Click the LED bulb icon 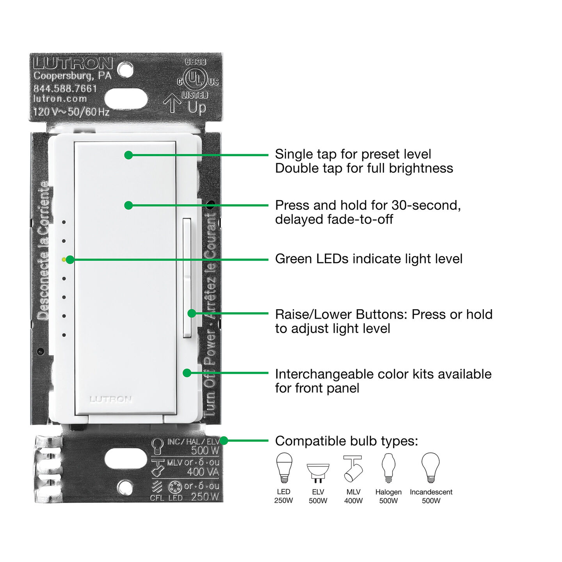click(x=284, y=468)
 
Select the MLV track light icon click(x=353, y=468)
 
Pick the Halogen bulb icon click(x=388, y=468)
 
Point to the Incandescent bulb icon click(x=430, y=468)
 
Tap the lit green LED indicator click(x=64, y=259)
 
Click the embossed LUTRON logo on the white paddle click(x=111, y=399)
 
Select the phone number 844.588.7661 click(x=65, y=88)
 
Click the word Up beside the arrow click(x=197, y=107)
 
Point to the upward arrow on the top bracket click(x=172, y=103)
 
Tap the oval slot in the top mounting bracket click(x=126, y=99)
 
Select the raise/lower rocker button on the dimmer click(x=187, y=277)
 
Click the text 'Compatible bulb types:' click(x=346, y=441)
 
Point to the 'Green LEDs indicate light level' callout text click(x=368, y=259)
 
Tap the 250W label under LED click(x=283, y=501)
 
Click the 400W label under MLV click(x=353, y=501)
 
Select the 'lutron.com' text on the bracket click(x=60, y=99)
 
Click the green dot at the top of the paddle click(x=128, y=155)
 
